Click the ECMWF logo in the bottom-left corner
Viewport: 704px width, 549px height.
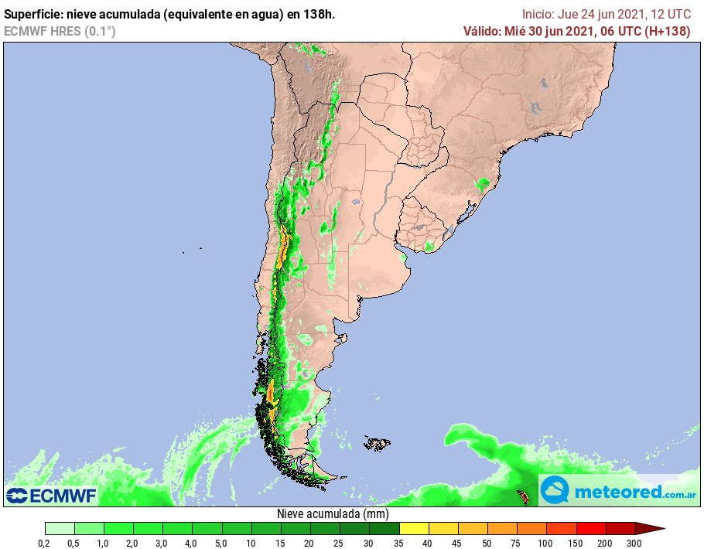(51, 494)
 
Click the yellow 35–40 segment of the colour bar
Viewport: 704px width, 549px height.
(414, 529)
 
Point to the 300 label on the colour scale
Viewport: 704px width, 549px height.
(635, 544)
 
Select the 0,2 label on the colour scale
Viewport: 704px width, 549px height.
(45, 544)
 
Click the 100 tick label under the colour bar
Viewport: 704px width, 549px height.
(546, 544)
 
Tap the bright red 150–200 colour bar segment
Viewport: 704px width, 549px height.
(590, 529)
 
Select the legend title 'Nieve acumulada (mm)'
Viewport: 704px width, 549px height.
(333, 514)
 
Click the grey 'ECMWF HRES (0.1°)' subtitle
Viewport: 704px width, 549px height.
(60, 31)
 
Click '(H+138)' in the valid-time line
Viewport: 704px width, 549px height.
(667, 31)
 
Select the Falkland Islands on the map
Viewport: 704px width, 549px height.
(377, 444)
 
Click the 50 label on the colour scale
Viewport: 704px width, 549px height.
(487, 544)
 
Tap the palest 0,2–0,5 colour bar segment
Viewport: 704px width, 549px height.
(60, 529)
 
